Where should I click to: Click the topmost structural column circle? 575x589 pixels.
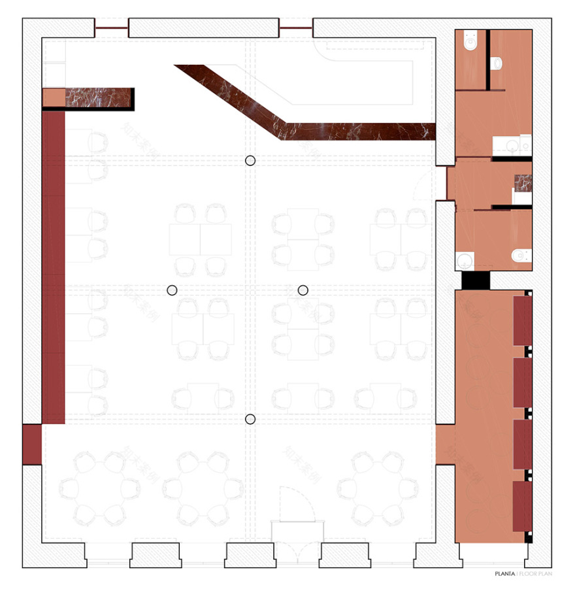coord(250,161)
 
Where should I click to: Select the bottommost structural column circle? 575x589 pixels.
coord(250,419)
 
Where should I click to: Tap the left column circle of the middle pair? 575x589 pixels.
coord(172,290)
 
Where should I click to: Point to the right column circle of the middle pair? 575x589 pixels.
coord(303,290)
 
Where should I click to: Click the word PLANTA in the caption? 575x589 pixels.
coord(504,575)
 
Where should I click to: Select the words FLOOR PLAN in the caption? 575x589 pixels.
coord(535,575)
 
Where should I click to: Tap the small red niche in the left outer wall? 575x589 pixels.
coord(31,445)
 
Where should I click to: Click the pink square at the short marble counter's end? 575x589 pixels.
coord(54,97)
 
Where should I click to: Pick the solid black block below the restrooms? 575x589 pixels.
coord(475,280)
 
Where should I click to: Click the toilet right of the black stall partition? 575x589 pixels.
coord(498,63)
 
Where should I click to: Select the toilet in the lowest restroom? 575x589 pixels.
coord(521,256)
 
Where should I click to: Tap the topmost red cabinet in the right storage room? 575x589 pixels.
coord(522,320)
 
